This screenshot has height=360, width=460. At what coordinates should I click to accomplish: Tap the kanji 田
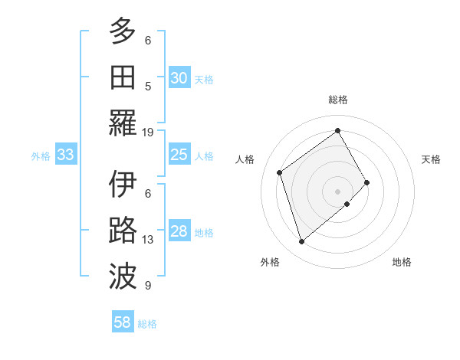123,76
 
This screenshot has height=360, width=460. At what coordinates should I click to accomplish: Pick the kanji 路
123,231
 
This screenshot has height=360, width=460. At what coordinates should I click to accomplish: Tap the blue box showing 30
179,78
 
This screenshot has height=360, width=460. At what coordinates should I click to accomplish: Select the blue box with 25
179,155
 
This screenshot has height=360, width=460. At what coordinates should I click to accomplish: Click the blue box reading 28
179,232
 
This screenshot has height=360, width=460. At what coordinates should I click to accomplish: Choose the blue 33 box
65,155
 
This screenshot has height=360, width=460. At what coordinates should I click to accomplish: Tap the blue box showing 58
123,322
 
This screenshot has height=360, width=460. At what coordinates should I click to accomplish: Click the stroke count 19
148,132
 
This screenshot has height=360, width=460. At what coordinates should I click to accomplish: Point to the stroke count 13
148,240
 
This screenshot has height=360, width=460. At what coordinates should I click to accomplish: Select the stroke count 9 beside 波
148,286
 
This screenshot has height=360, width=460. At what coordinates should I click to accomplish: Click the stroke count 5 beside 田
148,86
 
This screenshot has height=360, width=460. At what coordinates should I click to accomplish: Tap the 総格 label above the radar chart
338,100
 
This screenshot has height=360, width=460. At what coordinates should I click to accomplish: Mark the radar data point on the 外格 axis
302,242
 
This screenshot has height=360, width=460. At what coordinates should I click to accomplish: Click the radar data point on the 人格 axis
280,172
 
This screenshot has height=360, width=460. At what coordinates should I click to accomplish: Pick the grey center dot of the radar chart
337,190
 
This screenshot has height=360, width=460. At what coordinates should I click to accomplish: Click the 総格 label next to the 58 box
147,324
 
